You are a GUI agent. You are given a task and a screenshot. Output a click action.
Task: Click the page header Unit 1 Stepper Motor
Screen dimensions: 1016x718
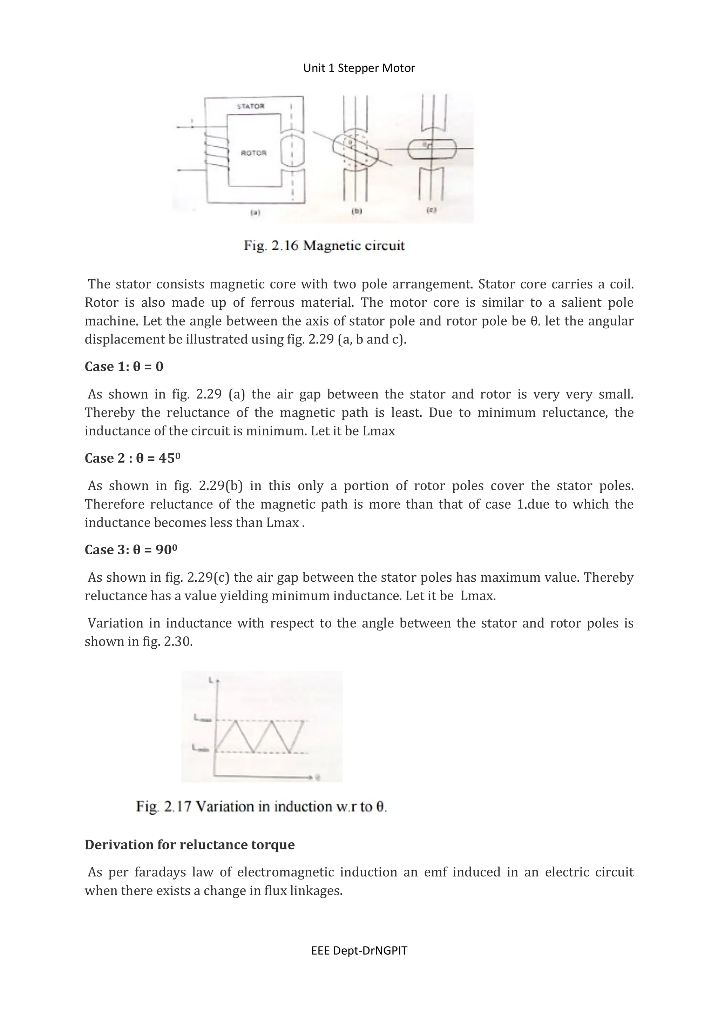tap(359, 68)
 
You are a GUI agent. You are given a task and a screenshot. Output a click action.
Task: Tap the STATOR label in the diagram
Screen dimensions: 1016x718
tap(251, 106)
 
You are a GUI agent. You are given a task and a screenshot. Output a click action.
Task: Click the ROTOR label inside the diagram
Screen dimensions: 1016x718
tap(253, 153)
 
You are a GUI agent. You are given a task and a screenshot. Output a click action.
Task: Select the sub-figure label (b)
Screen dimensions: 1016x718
tap(356, 212)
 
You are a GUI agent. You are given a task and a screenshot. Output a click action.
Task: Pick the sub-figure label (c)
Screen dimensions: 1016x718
tap(432, 210)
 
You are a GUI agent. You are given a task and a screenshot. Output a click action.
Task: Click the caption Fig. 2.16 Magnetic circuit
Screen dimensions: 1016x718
tap(324, 246)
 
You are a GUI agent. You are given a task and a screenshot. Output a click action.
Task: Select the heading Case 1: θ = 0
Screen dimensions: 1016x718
tap(124, 366)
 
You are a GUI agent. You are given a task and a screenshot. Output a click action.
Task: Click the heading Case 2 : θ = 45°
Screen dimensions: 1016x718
tap(133, 458)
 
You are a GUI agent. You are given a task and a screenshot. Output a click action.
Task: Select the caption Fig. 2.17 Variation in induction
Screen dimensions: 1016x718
tap(261, 807)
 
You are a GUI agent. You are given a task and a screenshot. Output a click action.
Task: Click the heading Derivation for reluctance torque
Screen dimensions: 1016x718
tap(189, 845)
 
